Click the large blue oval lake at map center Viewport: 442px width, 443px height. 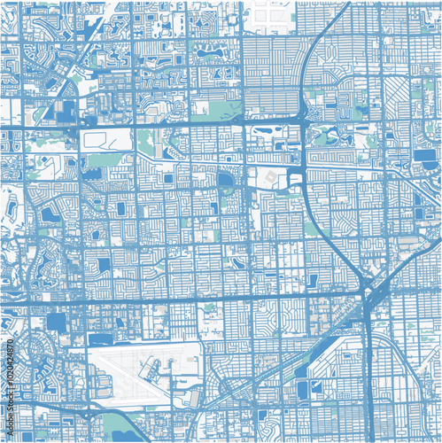225,183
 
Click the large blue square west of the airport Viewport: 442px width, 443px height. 57,322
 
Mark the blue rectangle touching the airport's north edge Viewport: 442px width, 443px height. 103,339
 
